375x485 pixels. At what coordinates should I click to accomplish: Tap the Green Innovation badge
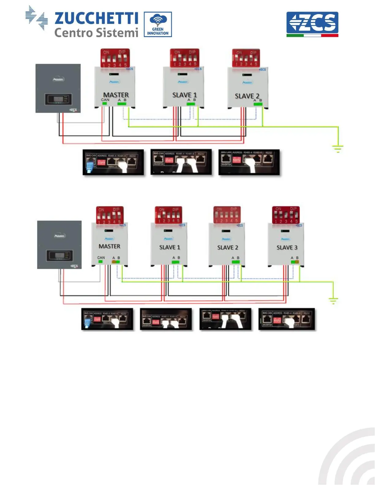coord(158,24)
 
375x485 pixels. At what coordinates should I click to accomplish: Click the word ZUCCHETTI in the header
coord(96,18)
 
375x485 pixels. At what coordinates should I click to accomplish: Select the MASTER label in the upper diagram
coord(116,95)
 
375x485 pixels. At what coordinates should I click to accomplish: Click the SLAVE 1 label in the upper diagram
coord(184,95)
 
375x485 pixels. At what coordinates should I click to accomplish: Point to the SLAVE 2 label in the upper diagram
coord(247,96)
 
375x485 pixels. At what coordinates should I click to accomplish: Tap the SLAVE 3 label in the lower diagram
coord(287,247)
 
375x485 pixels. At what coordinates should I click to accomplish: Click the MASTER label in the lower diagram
coord(109,246)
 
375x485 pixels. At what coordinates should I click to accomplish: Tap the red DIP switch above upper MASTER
coord(115,58)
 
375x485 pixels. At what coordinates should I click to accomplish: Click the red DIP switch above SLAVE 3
coord(286,215)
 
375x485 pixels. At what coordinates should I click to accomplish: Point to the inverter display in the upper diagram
coord(58,99)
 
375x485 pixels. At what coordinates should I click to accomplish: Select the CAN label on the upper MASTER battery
coord(105,100)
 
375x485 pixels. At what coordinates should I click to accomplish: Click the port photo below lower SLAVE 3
coord(286,319)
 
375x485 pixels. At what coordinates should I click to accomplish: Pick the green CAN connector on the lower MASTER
coord(100,262)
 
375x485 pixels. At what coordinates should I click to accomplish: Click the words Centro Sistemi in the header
coord(96,32)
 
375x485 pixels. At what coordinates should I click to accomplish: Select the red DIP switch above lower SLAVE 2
coord(227,215)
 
